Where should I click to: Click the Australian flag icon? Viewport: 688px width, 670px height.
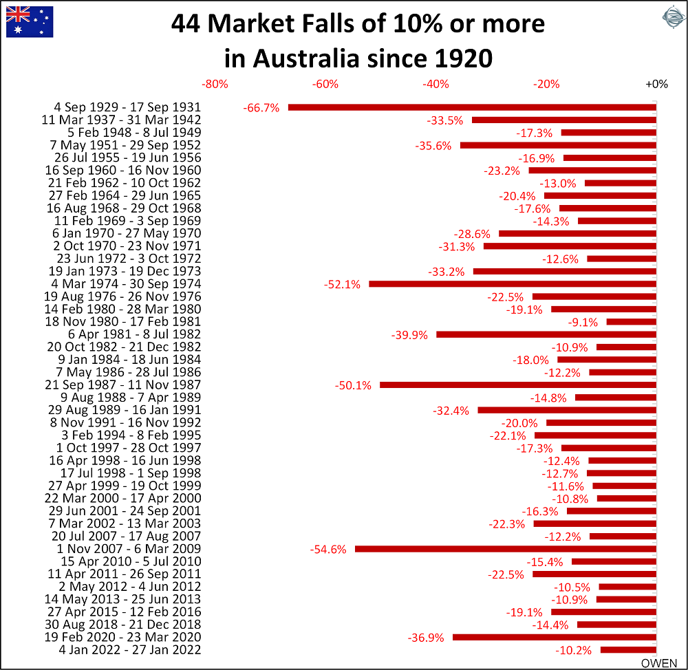coord(30,21)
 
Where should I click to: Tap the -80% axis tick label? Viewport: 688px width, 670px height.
coord(215,85)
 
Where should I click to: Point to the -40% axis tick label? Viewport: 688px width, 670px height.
coord(436,85)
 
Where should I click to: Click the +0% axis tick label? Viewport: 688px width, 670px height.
coord(656,85)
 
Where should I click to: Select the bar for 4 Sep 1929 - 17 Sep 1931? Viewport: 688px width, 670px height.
coord(472,107)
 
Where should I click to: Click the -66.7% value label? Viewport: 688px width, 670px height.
coord(261,108)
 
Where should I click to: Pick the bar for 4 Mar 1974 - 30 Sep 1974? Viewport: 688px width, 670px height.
coord(513,284)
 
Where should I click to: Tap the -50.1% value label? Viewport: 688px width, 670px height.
coord(353,385)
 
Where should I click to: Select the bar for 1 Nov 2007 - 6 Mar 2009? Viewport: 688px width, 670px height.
coord(506,549)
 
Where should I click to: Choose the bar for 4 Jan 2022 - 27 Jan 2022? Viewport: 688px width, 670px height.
coord(628,650)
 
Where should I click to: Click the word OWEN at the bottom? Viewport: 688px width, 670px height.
coord(659,663)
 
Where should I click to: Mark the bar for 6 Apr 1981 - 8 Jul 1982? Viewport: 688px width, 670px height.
coord(546,334)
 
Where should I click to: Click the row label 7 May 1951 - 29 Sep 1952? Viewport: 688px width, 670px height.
coord(125,145)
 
